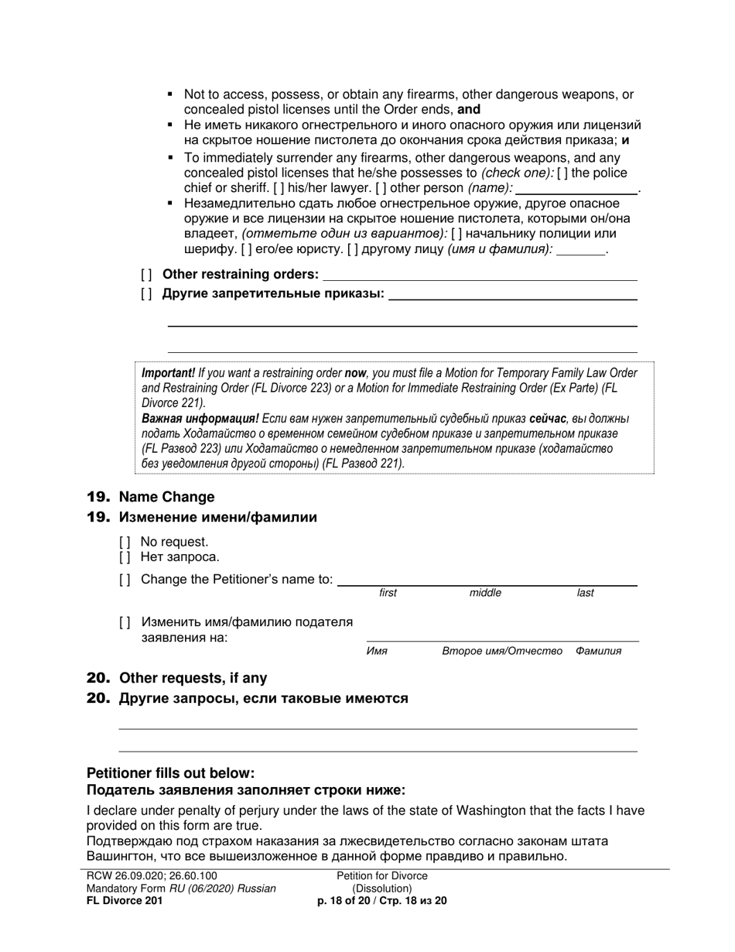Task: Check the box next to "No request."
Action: (x=125, y=542)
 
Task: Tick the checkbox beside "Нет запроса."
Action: (x=125, y=556)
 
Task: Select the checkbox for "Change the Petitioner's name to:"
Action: (x=125, y=580)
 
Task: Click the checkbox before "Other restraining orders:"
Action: (x=146, y=274)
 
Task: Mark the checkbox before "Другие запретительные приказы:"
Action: (x=146, y=293)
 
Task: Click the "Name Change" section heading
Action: (x=166, y=497)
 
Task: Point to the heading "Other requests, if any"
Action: (x=193, y=678)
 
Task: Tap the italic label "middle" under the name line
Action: (x=485, y=593)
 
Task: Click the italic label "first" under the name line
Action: (x=388, y=593)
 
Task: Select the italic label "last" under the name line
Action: (x=585, y=593)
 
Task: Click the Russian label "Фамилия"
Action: (x=598, y=651)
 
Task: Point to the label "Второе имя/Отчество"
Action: (x=502, y=651)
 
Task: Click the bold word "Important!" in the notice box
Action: (x=169, y=372)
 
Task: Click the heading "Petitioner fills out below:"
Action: (x=170, y=772)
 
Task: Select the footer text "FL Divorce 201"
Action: (x=125, y=901)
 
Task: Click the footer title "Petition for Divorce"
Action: (x=382, y=875)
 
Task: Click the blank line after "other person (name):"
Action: (x=576, y=190)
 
